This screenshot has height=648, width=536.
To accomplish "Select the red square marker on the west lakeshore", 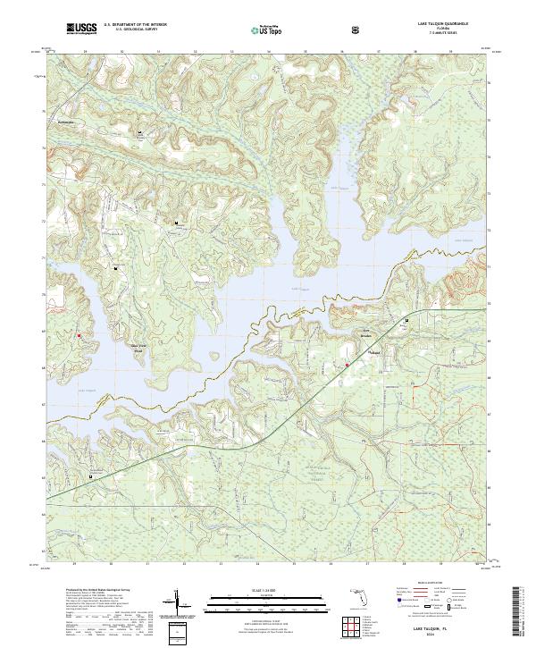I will coord(79,335).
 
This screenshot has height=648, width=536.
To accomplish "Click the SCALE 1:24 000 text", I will coord(248,590).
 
